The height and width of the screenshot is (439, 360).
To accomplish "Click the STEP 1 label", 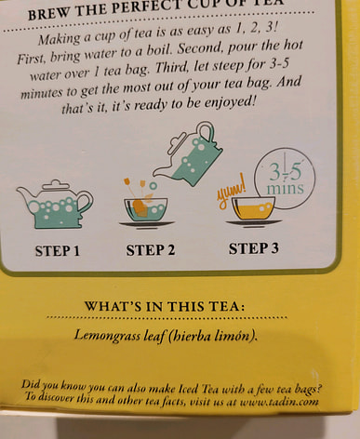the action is (58, 251).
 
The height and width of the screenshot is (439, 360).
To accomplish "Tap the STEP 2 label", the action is (151, 250).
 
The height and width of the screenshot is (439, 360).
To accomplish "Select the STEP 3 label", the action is (254, 248).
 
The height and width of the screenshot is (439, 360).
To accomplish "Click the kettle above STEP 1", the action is (55, 205).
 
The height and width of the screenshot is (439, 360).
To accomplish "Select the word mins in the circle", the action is (286, 188).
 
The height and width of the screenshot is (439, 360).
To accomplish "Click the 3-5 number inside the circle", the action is (286, 171).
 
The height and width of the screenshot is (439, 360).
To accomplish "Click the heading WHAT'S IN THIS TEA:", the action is (166, 307).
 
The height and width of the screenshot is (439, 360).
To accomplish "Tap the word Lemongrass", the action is (107, 336).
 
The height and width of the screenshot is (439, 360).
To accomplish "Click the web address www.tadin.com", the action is (279, 402).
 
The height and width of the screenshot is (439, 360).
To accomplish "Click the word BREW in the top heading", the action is (49, 14).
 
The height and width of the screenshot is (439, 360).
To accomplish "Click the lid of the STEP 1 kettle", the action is (55, 184).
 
